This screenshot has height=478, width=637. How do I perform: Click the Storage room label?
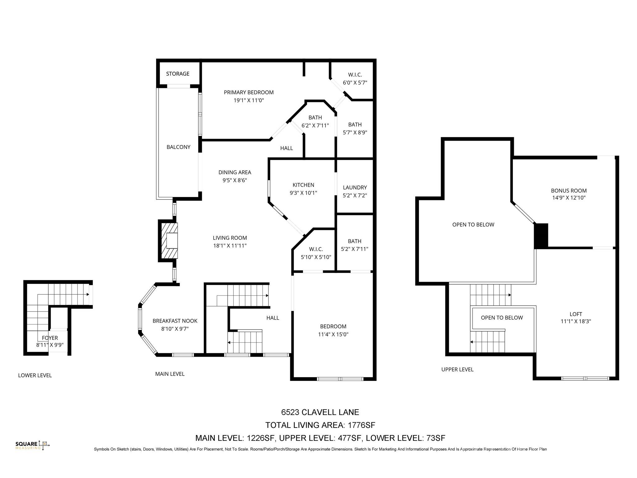point(178,74)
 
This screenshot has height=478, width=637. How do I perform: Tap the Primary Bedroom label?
point(249,92)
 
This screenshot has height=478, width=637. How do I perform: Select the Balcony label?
point(178,147)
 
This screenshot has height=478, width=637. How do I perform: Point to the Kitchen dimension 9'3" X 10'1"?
point(303,193)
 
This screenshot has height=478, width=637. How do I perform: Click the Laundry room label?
point(355,187)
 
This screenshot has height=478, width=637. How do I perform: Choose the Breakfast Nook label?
point(175,321)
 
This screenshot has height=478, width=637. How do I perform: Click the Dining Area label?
point(235,172)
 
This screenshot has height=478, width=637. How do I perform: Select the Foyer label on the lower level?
point(50,338)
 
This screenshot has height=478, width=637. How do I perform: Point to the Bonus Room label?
point(569,191)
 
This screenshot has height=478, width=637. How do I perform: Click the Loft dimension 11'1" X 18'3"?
point(576,321)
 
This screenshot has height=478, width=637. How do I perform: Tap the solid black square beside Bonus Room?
point(541,236)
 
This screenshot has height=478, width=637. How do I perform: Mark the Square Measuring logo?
point(32,445)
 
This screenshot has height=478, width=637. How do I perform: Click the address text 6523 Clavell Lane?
point(320,412)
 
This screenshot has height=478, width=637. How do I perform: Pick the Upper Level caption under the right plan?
point(457,369)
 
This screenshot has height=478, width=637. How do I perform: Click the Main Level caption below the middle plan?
point(170,374)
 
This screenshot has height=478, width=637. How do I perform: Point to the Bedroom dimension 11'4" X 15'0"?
point(333,335)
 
